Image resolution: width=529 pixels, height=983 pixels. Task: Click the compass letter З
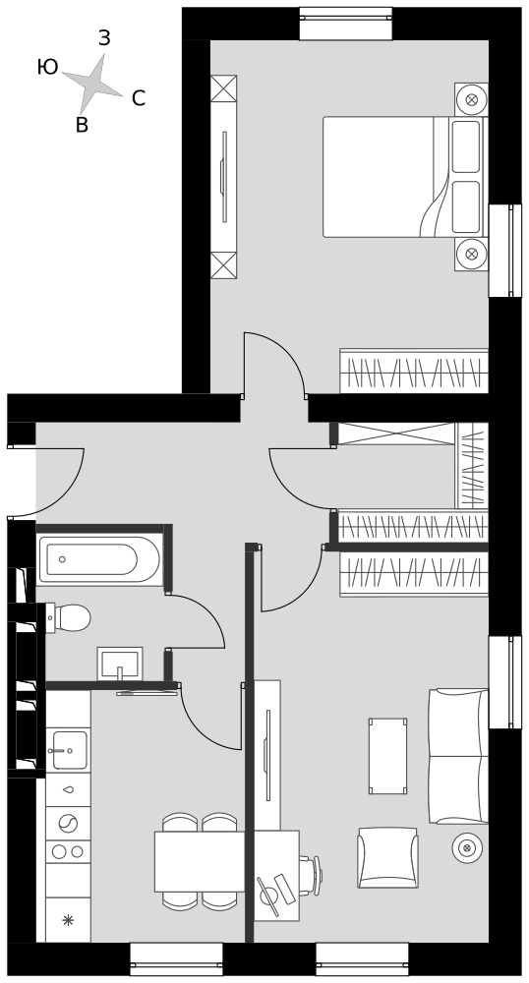(x=104, y=38)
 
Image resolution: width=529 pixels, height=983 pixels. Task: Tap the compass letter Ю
(x=47, y=67)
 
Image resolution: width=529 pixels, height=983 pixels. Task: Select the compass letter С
(x=139, y=98)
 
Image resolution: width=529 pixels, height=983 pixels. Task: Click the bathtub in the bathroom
(x=98, y=559)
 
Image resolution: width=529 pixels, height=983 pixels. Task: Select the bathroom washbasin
(x=120, y=664)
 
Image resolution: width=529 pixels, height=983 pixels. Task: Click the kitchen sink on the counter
(x=68, y=750)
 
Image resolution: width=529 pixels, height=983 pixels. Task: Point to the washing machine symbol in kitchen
(x=68, y=823)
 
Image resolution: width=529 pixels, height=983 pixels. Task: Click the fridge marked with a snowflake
(x=68, y=920)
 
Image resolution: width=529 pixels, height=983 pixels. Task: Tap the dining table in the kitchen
(x=200, y=861)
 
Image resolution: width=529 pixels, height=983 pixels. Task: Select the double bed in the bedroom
(x=404, y=177)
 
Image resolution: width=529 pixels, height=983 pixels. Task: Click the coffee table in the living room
(x=388, y=756)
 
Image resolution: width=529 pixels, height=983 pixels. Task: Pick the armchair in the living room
(x=388, y=857)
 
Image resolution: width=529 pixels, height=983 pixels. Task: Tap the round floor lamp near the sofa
(x=467, y=848)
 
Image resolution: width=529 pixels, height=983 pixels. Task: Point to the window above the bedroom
(x=345, y=24)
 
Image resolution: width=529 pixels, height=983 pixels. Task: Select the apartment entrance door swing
(x=47, y=483)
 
